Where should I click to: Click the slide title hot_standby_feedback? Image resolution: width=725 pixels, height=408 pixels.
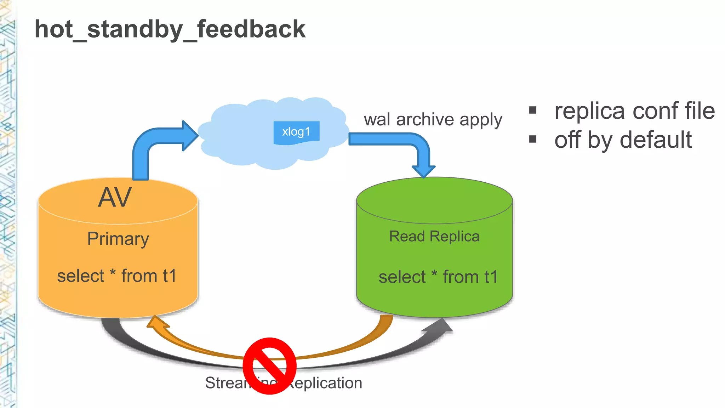170,29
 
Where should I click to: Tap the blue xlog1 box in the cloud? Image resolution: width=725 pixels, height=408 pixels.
296,132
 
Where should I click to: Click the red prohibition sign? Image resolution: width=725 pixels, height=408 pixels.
270,365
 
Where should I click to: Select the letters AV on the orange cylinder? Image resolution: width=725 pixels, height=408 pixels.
115,198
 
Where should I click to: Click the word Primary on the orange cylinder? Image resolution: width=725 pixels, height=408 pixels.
118,239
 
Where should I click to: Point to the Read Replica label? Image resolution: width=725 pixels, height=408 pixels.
434,237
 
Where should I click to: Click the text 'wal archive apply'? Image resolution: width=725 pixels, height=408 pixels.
433,120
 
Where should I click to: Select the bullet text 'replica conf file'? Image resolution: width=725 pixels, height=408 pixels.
634,111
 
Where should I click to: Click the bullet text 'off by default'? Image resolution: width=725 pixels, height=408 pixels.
623,140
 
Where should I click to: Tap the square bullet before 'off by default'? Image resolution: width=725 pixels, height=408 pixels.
533,139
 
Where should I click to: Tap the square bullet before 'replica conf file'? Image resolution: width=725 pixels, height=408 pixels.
533,110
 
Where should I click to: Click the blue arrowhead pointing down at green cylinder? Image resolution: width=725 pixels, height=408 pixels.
423,171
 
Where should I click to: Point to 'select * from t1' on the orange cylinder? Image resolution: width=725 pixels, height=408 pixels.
117,276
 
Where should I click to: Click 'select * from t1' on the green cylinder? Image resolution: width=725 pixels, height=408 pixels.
438,277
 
